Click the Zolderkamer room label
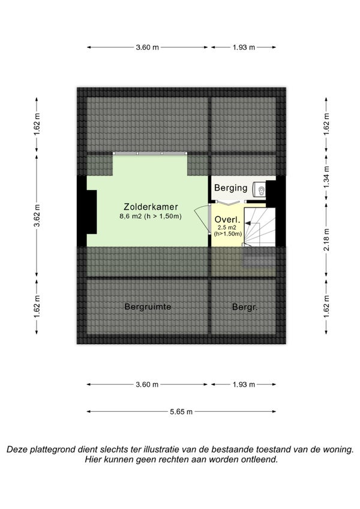[x=151, y=207]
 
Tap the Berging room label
[x=230, y=188]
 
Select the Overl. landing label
[x=227, y=219]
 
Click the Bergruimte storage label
[x=148, y=306]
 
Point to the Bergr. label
[x=245, y=307]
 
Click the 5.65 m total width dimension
[x=181, y=412]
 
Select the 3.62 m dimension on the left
[x=37, y=216]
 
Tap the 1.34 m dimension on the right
[x=326, y=177]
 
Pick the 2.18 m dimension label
[x=326, y=240]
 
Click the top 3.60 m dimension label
[x=147, y=47]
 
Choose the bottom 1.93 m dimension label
[x=244, y=385]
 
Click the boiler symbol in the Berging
[x=259, y=189]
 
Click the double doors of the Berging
[x=227, y=203]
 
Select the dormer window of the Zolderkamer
[x=150, y=153]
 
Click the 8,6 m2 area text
[x=151, y=216]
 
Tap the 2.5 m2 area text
[x=227, y=228]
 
